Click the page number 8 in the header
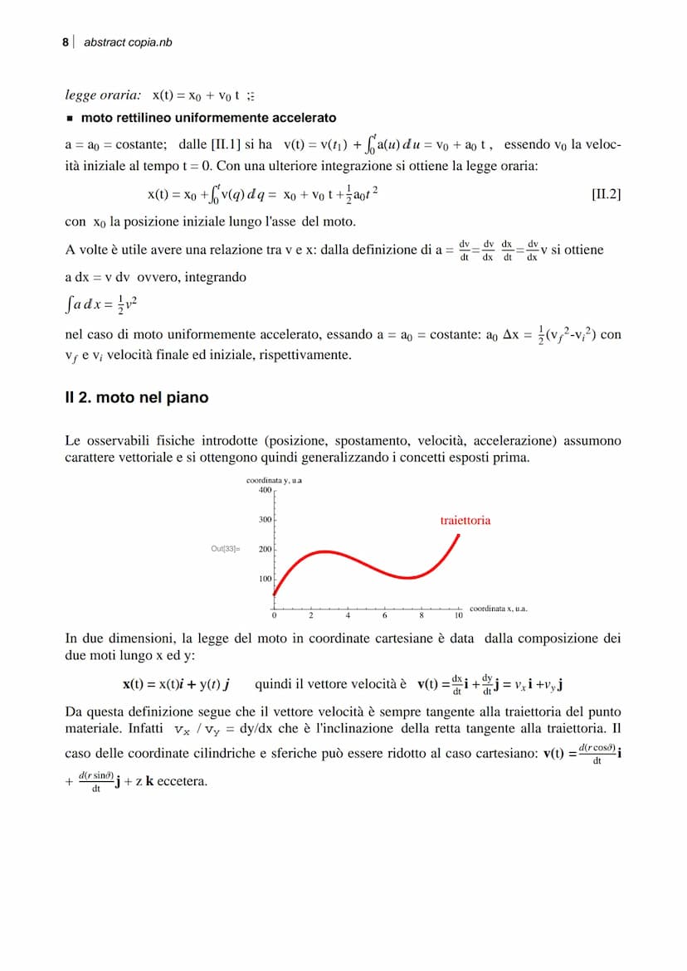click(66, 41)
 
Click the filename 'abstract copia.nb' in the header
click(128, 41)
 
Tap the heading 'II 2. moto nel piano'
click(137, 398)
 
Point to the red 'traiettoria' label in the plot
click(465, 521)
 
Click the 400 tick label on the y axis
click(266, 490)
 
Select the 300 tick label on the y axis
click(266, 520)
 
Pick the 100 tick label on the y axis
click(266, 579)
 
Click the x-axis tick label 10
click(458, 616)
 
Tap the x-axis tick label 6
click(385, 616)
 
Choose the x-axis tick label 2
click(311, 616)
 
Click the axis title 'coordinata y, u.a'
click(273, 480)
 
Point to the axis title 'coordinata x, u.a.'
click(498, 609)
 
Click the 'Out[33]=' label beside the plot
click(225, 549)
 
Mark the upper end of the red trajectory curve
click(459, 536)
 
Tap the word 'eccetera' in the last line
click(182, 781)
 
